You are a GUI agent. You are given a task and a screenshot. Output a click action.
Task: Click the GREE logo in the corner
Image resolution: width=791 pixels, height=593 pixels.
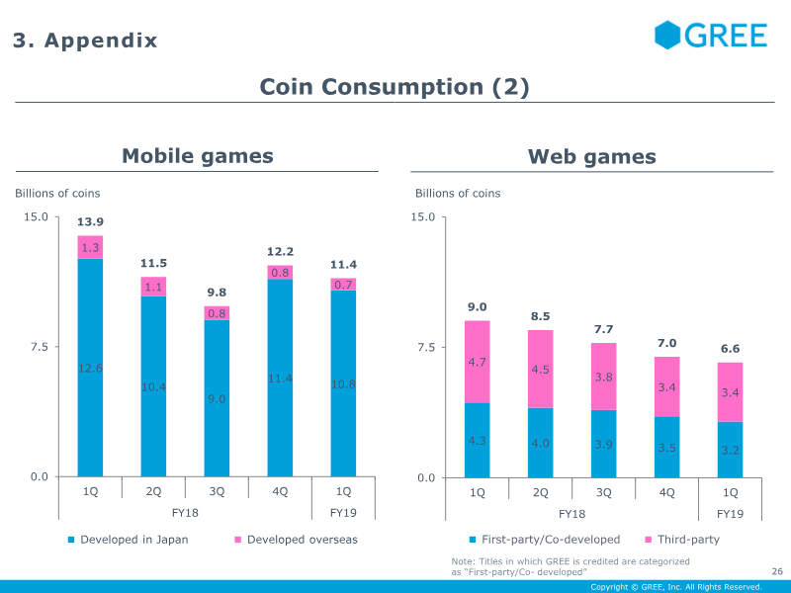(x=711, y=36)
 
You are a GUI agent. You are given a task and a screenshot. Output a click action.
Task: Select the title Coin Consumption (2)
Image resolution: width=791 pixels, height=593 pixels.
(x=395, y=87)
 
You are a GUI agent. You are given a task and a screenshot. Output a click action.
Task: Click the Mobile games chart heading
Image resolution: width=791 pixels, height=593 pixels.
(x=198, y=156)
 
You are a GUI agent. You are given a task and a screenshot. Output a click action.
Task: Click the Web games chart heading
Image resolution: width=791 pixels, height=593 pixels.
(x=592, y=156)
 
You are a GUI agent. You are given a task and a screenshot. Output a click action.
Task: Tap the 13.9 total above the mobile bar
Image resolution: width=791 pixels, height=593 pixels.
(x=90, y=221)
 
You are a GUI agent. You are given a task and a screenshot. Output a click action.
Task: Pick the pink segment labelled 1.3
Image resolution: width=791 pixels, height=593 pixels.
(x=90, y=247)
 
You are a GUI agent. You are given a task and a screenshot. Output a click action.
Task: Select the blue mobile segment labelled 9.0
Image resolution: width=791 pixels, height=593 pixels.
(x=217, y=398)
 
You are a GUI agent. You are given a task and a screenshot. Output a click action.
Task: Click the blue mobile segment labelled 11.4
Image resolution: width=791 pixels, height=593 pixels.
(x=280, y=379)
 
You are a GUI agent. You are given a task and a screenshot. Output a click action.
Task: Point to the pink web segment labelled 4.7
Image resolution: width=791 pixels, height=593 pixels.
(x=478, y=362)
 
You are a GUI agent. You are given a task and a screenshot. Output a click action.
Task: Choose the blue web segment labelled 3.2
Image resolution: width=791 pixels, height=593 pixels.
(x=731, y=450)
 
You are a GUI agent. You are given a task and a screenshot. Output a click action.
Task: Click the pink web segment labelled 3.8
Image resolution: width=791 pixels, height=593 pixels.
(x=604, y=377)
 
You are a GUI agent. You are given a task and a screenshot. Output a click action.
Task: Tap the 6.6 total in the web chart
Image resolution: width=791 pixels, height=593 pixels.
(x=731, y=349)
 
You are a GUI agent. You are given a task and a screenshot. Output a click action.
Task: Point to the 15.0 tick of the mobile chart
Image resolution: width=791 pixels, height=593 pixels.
(x=36, y=216)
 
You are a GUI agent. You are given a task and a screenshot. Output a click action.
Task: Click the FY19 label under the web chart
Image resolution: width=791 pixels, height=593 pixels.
(x=731, y=514)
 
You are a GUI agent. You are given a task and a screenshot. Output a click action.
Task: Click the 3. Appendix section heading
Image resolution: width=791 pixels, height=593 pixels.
(x=85, y=41)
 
